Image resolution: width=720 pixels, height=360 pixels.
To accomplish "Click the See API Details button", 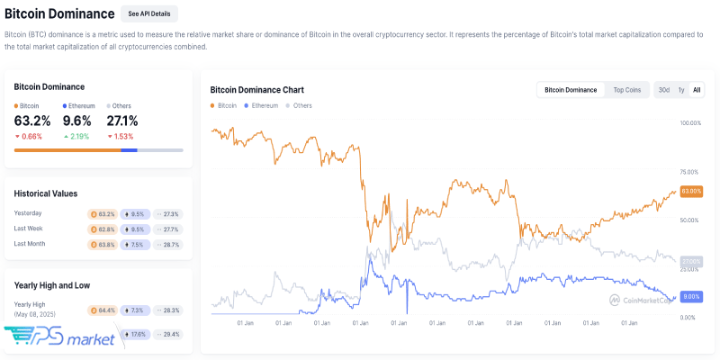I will (x=148, y=13).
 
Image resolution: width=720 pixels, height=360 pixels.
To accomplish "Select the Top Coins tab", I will (x=627, y=90).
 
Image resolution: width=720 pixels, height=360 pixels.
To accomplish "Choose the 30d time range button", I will (x=663, y=90).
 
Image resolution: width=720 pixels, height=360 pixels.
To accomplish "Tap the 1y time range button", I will (x=681, y=90).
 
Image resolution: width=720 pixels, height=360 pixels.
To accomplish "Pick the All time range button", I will (x=697, y=90).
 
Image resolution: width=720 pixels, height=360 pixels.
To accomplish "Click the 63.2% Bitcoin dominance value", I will (x=32, y=121).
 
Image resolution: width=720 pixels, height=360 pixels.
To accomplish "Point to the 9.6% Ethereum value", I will (x=77, y=121).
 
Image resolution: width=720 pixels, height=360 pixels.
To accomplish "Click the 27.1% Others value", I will (x=122, y=121).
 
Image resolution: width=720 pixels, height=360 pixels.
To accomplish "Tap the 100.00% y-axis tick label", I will (x=691, y=122).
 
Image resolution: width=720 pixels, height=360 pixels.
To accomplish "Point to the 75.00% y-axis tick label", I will (x=691, y=171).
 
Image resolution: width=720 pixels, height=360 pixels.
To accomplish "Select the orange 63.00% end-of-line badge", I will (x=691, y=191).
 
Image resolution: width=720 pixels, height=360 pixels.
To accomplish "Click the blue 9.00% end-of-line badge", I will (x=691, y=296).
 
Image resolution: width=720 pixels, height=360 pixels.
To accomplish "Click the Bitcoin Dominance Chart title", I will (x=256, y=90).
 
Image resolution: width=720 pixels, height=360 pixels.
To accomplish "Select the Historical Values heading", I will (x=46, y=193).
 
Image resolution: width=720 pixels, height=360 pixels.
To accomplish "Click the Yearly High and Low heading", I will (x=51, y=285).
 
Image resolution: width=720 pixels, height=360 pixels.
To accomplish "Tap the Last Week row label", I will (x=30, y=229).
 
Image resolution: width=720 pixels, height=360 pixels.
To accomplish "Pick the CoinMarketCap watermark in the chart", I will (x=641, y=300).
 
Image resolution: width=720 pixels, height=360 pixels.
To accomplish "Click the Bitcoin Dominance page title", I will (x=59, y=13).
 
